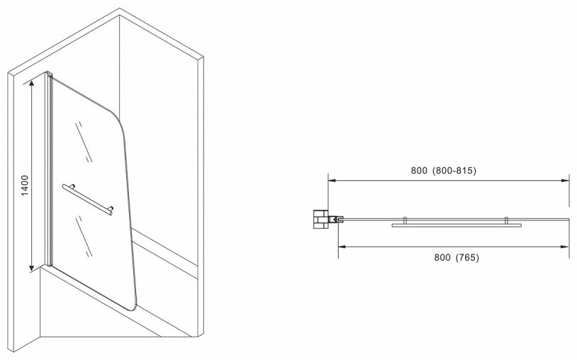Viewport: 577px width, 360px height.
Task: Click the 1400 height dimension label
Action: (x=25, y=186)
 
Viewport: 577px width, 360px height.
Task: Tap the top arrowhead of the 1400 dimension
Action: (x=32, y=84)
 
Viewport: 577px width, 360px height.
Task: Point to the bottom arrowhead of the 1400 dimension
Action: (x=32, y=267)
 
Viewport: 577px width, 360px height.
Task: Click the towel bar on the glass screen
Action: (x=88, y=199)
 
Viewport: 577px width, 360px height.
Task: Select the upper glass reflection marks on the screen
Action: (x=84, y=142)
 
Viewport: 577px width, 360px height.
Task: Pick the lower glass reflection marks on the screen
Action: (x=84, y=236)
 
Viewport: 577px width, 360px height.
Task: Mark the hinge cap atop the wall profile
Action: (x=49, y=74)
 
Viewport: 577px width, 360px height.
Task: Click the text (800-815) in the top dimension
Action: (x=454, y=170)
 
